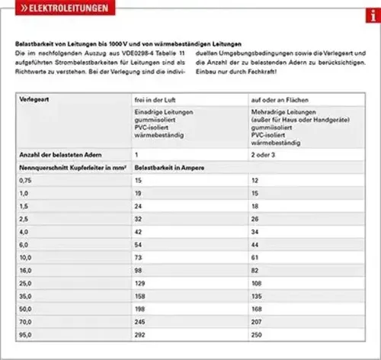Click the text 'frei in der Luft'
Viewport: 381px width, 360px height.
[x=156, y=99]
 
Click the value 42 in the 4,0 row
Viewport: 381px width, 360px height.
[x=139, y=232]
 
